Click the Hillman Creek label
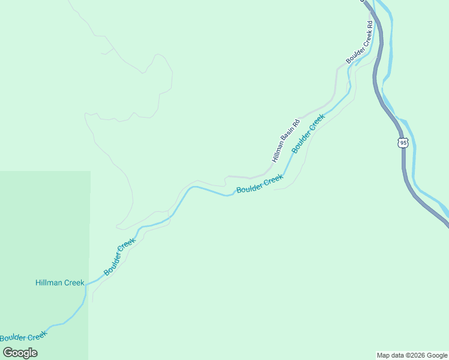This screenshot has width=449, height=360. [59, 283]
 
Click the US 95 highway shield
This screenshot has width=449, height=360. [402, 143]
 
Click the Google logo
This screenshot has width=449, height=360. [20, 353]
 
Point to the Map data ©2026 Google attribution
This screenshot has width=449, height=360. [412, 355]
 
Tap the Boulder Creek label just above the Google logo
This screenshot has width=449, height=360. [23, 337]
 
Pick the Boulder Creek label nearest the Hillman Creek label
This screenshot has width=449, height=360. [119, 257]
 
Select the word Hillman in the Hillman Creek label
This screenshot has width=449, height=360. [48, 283]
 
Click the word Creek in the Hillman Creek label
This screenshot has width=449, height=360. [73, 283]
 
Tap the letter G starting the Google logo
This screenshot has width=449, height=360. [8, 353]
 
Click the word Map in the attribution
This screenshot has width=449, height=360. [384, 355]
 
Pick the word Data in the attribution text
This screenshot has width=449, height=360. [397, 355]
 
